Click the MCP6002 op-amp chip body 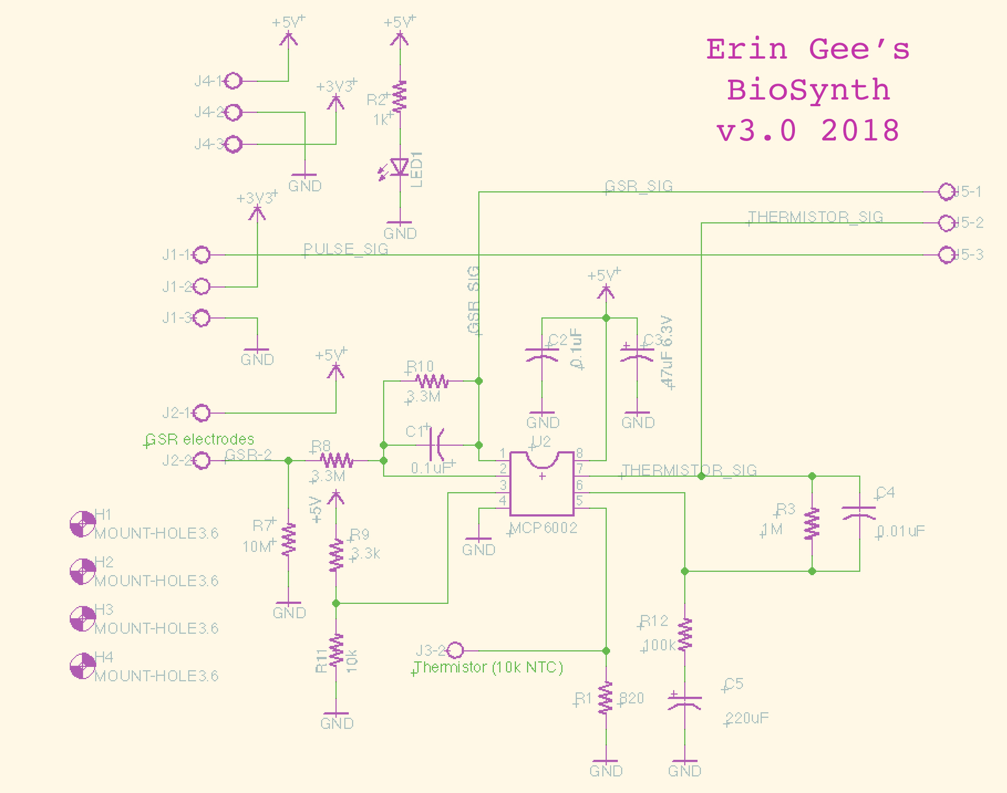[x=542, y=484]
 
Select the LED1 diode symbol [x=399, y=167]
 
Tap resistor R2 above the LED [x=399, y=96]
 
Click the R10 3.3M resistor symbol [x=431, y=381]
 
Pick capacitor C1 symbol [x=438, y=445]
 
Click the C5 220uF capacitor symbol [x=684, y=702]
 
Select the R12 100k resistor [x=684, y=634]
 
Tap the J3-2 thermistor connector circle [x=455, y=650]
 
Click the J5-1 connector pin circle [x=947, y=192]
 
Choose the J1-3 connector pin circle [x=202, y=318]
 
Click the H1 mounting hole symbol [x=83, y=524]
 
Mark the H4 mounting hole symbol [x=83, y=666]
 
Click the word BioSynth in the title [x=808, y=90]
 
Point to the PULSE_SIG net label [x=345, y=249]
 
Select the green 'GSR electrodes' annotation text [x=200, y=439]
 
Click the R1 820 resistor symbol [x=606, y=697]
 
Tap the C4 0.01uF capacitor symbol [x=859, y=513]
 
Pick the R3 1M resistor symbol [x=812, y=523]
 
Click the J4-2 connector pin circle [x=234, y=112]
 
